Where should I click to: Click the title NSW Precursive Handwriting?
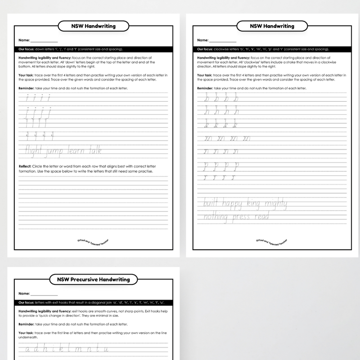coord(94,279)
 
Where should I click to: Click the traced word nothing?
coord(216,218)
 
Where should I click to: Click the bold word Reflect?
coord(25,166)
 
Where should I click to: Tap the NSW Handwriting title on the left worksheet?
coord(94,26)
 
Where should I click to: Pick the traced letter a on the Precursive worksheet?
coord(27,349)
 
